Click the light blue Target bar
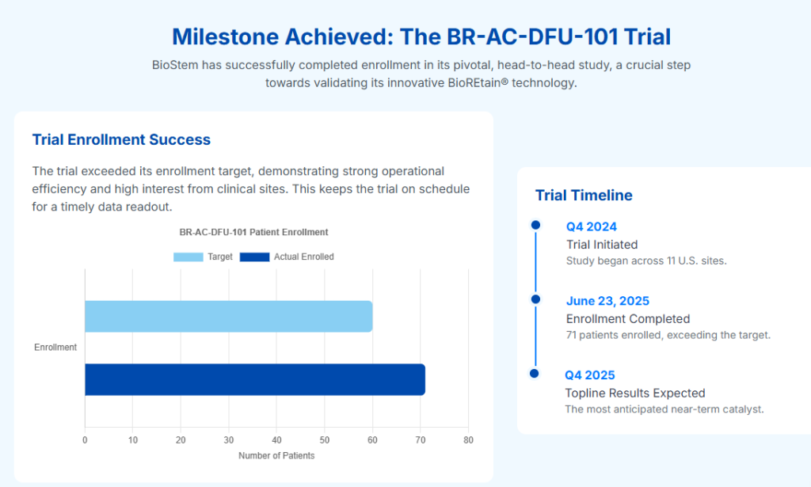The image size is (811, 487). (229, 317)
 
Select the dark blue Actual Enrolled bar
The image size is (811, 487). (255, 379)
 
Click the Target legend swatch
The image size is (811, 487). (188, 257)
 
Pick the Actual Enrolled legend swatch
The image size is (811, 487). (254, 257)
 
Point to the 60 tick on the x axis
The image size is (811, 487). (372, 440)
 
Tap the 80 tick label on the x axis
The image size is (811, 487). (468, 440)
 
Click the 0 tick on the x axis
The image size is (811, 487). (85, 440)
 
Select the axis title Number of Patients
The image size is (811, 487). (276, 455)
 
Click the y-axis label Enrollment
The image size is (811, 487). (55, 348)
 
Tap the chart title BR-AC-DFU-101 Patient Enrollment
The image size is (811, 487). (253, 232)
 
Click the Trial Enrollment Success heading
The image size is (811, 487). (121, 139)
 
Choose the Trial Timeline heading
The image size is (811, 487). (584, 196)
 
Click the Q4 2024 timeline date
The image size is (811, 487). (592, 226)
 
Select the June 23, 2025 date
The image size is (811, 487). (607, 301)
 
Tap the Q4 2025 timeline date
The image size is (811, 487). (589, 375)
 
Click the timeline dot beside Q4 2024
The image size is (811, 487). (536, 225)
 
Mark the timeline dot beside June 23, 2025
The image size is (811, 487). (536, 299)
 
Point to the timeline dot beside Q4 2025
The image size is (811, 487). (535, 373)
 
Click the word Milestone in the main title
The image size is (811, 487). (225, 36)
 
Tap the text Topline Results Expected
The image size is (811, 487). (635, 393)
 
